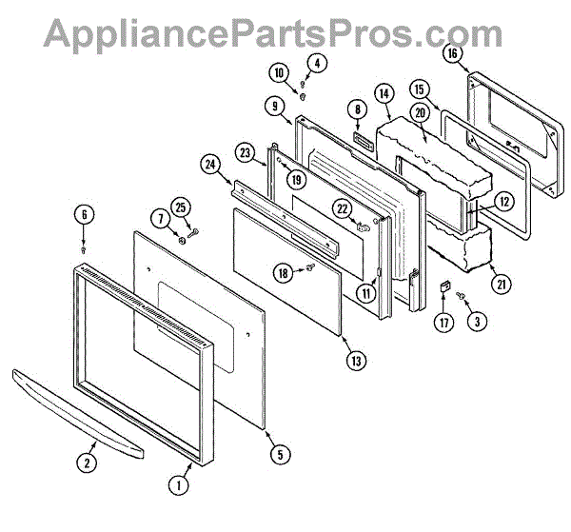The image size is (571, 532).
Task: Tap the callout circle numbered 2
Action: [88, 463]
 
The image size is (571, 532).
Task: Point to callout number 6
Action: [84, 214]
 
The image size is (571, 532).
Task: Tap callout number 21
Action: [496, 281]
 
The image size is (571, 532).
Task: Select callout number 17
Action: [442, 322]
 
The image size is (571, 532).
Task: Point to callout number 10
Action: [279, 72]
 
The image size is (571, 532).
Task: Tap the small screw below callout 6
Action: [84, 248]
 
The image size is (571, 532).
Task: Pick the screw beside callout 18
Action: [311, 271]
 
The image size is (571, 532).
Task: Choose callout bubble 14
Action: [384, 93]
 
